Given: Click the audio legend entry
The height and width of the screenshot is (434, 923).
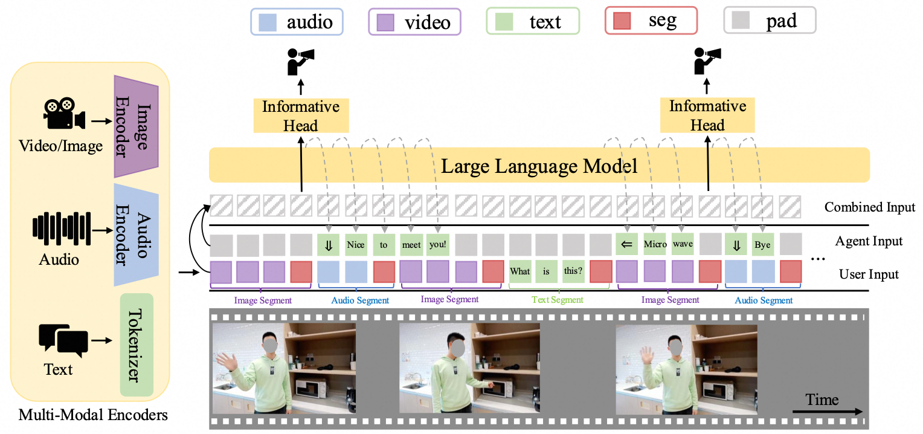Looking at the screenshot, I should click(297, 22).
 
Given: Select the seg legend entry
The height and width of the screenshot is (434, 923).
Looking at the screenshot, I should click(651, 22).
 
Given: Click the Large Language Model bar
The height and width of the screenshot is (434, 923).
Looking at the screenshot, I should click(539, 166).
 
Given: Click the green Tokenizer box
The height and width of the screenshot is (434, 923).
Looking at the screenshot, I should click(137, 345).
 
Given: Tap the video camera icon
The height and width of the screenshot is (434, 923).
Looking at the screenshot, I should click(63, 114).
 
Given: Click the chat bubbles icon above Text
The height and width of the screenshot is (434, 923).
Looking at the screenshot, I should click(63, 340).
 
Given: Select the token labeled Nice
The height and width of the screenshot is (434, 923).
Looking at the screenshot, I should click(356, 245).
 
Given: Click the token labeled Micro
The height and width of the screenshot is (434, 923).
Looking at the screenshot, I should click(655, 245).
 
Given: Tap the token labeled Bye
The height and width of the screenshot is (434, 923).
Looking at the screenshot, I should click(762, 245).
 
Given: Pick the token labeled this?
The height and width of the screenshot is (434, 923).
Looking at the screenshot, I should click(573, 271).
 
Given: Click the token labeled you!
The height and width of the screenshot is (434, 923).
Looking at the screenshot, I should click(437, 245).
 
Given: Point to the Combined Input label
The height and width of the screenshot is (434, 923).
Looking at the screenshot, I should click(870, 207).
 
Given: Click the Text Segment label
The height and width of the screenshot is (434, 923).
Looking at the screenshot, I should click(557, 299).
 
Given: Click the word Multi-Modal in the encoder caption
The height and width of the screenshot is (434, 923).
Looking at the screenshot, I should click(48, 415).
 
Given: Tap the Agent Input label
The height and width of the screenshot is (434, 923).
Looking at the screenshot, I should click(869, 241).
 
